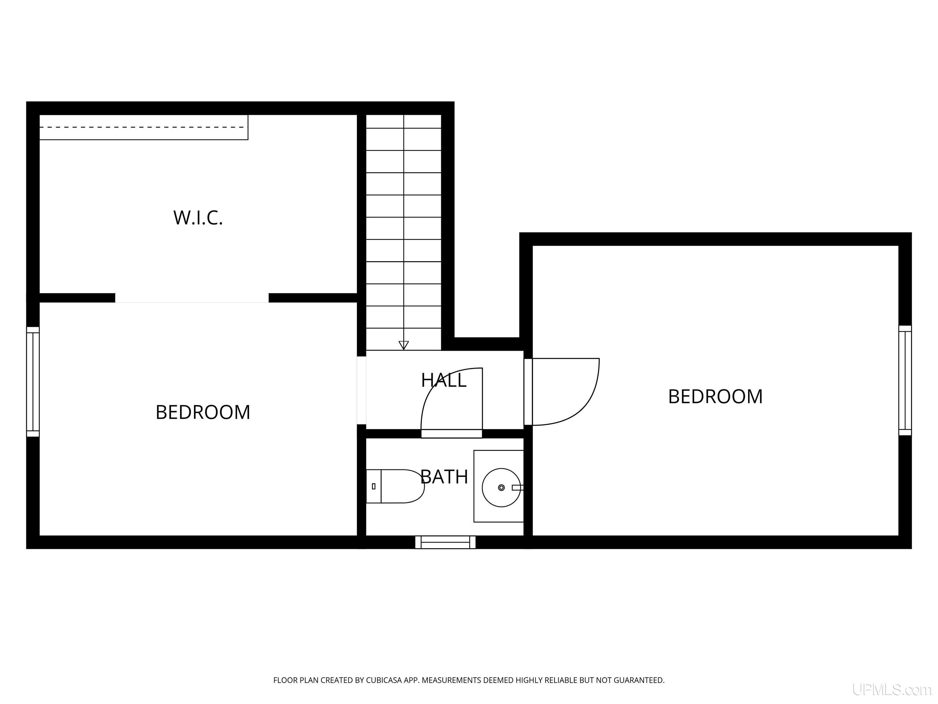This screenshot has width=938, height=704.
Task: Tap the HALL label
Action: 444,380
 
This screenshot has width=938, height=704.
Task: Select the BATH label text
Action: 444,477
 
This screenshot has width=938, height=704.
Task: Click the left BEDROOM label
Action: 203,412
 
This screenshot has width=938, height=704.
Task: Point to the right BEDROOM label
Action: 715,396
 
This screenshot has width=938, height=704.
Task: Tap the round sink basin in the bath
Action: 501,488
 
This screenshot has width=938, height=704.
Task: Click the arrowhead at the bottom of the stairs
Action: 404,345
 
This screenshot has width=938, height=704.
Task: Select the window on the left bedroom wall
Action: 33,382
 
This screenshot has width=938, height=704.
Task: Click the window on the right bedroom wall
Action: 905,380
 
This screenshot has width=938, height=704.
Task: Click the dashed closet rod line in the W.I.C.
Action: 142,127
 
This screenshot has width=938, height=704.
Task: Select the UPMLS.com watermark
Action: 892,690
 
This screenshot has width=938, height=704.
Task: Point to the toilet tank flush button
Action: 374,486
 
